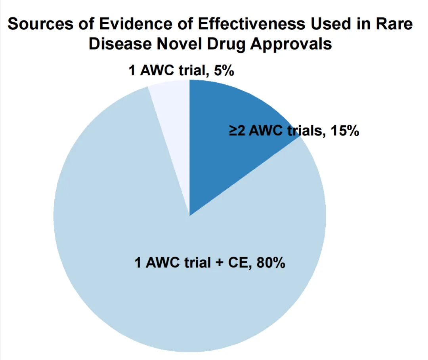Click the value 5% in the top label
pos(224,71)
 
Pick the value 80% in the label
pos(271,262)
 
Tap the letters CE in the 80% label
pos(239,262)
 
